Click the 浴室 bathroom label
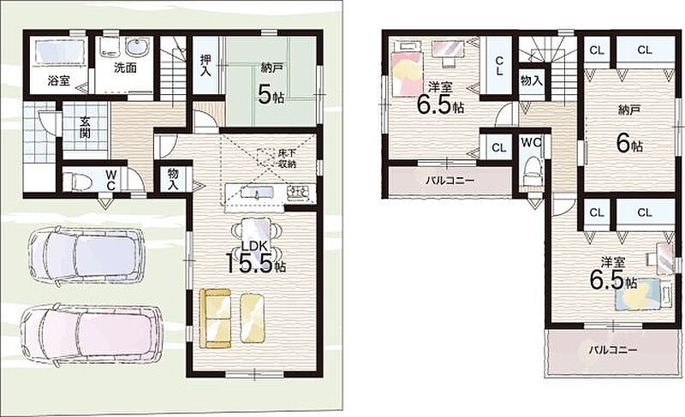58,81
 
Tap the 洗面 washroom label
125,68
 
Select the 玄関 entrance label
85,127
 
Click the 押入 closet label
205,65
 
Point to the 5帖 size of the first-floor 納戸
271,95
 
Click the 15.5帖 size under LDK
255,263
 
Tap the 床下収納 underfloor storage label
288,158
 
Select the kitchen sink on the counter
258,192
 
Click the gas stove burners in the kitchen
301,192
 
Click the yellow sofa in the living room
215,319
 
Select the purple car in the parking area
85,255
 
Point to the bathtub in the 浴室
59,53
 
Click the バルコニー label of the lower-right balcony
612,349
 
